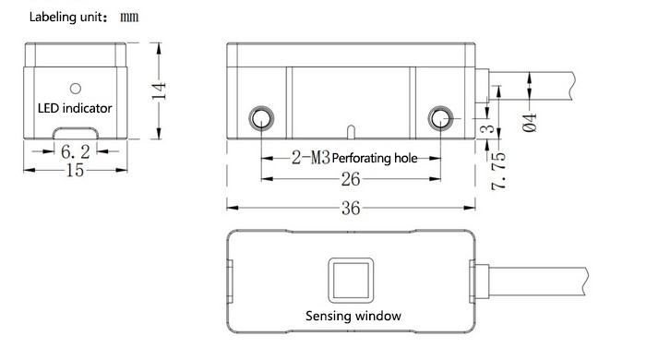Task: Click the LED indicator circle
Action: (x=76, y=88)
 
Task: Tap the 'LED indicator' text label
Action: (x=75, y=108)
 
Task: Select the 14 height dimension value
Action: (x=159, y=91)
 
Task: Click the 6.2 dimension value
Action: (x=76, y=152)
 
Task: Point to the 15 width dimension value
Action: (x=76, y=170)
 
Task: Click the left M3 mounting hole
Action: (x=261, y=119)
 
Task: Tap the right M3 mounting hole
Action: (x=440, y=119)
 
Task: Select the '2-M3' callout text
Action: (x=311, y=157)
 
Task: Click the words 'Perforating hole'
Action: (x=375, y=158)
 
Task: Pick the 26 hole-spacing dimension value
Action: (x=351, y=179)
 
